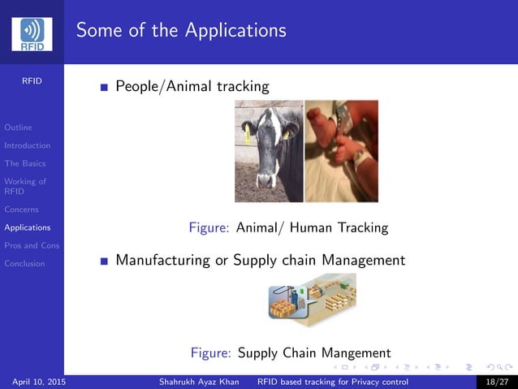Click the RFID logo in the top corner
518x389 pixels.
point(32,33)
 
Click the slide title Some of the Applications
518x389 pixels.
point(181,31)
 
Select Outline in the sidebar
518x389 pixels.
point(18,128)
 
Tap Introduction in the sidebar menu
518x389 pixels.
point(27,145)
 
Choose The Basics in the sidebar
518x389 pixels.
point(24,163)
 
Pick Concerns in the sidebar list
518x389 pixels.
point(21,210)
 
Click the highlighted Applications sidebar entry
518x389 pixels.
point(27,227)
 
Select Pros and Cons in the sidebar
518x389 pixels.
point(32,245)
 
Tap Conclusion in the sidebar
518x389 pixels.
point(24,263)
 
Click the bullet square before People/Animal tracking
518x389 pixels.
point(103,87)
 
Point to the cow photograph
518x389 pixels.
point(268,151)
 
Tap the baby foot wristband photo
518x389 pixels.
point(341,151)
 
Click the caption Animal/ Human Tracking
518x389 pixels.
point(312,228)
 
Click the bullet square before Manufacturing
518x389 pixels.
point(103,261)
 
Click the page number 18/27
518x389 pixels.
point(496,382)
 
